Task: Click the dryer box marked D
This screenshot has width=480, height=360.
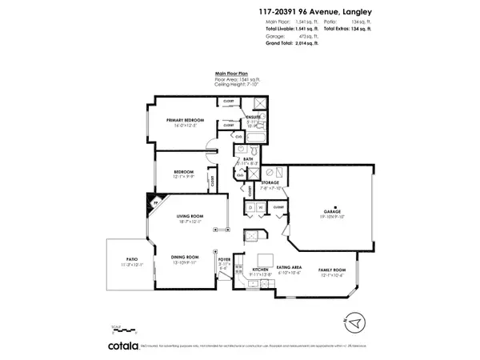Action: point(250,208)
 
